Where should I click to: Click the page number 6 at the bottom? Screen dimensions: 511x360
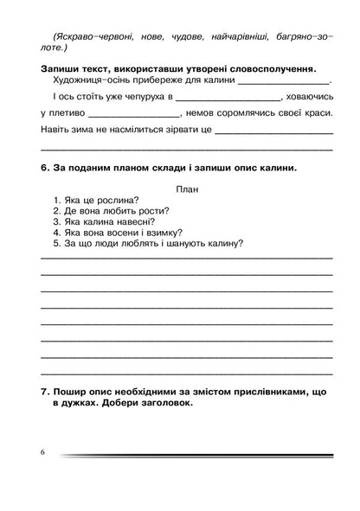[x=40, y=452]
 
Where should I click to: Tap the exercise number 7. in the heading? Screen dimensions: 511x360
[x=46, y=392]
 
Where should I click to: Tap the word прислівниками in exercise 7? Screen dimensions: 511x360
[x=261, y=392]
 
